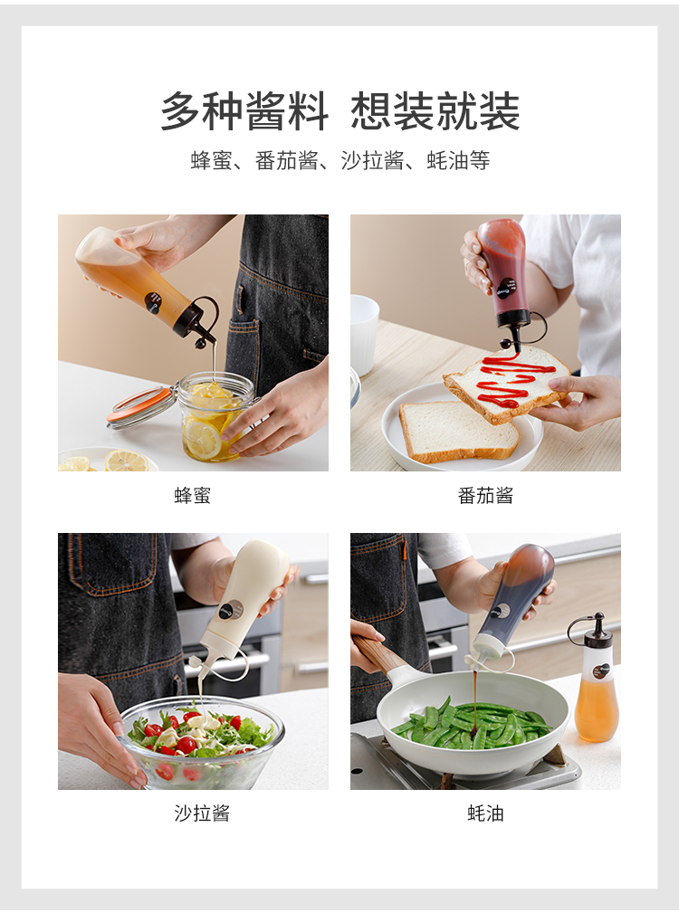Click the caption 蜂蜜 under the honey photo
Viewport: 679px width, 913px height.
point(192,496)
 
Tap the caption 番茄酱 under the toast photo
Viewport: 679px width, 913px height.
point(485,496)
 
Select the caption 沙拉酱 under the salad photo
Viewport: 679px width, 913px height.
point(202,813)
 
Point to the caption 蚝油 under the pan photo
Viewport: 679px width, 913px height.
point(485,813)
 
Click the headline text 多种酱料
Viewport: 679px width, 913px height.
point(244,111)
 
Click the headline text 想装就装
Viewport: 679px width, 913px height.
point(435,111)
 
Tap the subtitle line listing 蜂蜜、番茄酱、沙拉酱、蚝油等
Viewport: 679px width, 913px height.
point(340,160)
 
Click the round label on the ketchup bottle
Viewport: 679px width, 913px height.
point(504,287)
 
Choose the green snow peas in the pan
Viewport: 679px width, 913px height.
point(472,722)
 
